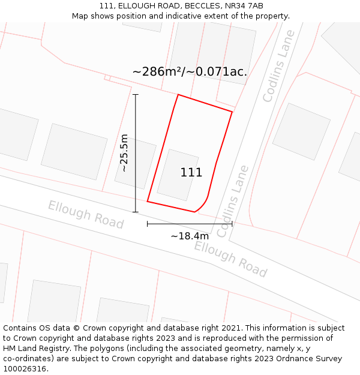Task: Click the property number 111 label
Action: click(x=191, y=173)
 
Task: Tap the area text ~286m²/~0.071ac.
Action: click(x=190, y=72)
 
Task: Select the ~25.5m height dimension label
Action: click(x=124, y=153)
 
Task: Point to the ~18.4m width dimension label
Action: click(x=190, y=236)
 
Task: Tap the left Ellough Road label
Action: click(x=86, y=215)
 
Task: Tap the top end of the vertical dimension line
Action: click(x=136, y=94)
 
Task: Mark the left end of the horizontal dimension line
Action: click(x=148, y=224)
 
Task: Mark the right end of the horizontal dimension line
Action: click(x=232, y=224)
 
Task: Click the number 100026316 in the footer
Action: click(x=25, y=369)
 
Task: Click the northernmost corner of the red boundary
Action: click(x=178, y=94)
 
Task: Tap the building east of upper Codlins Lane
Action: click(x=301, y=131)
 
